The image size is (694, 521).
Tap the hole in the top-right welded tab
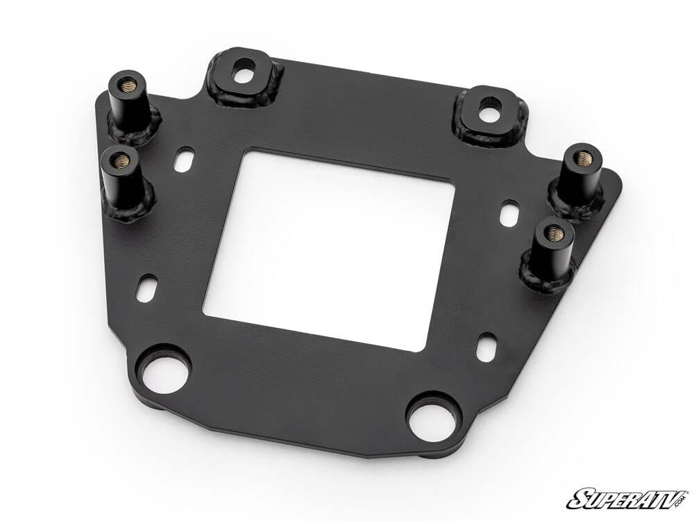[491, 109]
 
